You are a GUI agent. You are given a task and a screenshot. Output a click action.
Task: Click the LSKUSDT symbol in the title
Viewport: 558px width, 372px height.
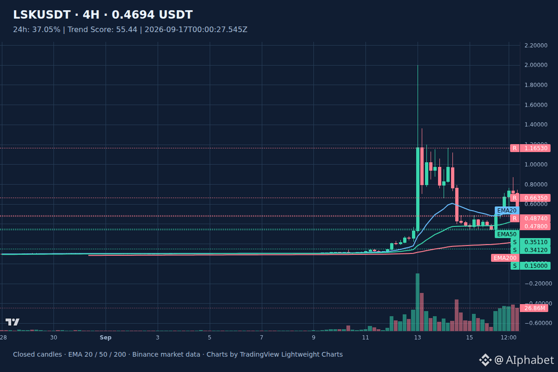pos(42,15)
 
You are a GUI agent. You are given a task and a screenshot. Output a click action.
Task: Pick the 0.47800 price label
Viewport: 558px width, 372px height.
pos(536,226)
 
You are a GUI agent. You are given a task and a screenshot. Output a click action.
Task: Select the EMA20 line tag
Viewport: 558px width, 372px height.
pos(507,211)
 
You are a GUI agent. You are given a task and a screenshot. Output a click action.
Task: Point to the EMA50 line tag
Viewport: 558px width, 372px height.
pos(507,234)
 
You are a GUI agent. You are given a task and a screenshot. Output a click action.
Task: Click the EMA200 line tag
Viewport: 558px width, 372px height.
pos(505,258)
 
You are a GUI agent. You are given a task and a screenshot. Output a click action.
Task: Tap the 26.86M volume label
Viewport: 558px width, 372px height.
pos(534,308)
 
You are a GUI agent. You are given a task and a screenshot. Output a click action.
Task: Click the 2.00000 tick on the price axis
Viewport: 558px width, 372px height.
pos(536,65)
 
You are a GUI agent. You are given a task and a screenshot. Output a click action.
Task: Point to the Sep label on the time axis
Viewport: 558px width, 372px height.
pos(106,338)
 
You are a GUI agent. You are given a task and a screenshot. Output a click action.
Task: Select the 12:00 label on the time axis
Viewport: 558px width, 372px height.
pos(508,338)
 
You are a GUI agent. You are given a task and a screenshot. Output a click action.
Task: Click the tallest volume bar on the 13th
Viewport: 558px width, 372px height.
pos(418,302)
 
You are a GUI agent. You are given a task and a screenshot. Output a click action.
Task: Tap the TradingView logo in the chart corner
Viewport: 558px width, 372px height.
pos(13,322)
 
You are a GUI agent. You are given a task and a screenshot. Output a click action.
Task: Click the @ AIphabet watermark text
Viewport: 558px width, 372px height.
pos(524,360)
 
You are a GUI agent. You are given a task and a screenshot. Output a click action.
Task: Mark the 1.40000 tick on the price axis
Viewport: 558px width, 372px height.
pos(536,125)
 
